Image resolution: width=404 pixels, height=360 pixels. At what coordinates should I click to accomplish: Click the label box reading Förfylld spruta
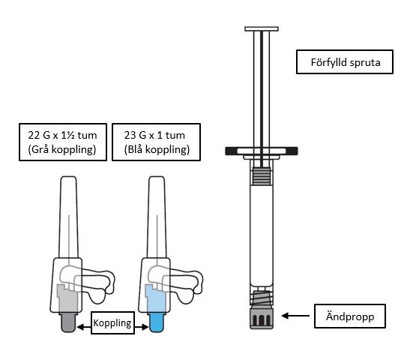pos(345,62)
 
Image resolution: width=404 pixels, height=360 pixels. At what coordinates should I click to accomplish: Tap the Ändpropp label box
pos(349,316)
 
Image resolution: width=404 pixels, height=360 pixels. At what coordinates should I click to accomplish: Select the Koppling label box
pos(112,322)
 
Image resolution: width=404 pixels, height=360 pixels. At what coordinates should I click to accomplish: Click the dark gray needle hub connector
pos(68,322)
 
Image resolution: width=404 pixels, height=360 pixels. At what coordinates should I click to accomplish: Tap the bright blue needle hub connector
pos(157,322)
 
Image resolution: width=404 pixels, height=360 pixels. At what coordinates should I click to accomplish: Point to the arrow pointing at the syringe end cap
pos(295,316)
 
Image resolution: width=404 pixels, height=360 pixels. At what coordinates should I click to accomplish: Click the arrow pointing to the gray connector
pos(84,327)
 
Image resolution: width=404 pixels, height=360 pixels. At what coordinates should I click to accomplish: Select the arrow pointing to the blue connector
pos(142,327)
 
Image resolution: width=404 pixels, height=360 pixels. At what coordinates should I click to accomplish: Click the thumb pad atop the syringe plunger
pos(262,29)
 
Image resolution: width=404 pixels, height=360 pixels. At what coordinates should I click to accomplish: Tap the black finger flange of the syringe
pos(262,151)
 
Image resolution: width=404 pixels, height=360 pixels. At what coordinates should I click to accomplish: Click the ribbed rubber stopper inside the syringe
pos(262,175)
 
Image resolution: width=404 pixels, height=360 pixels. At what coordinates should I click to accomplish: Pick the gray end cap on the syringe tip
pos(262,317)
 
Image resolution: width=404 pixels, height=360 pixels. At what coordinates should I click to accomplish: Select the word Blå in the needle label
pos(135,149)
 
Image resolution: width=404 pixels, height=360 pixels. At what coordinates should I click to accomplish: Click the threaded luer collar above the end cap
pos(262,298)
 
